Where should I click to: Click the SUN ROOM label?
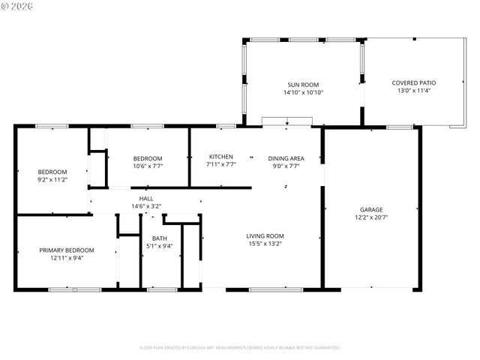[x=303, y=85]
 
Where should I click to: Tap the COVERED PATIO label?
[x=413, y=82]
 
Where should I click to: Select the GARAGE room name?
[x=370, y=209]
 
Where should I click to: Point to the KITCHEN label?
[x=220, y=157]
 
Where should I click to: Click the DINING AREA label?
[x=286, y=157]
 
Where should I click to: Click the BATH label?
[x=159, y=238]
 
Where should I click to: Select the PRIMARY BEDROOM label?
[x=67, y=250]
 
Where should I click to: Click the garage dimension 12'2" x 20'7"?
[x=370, y=217]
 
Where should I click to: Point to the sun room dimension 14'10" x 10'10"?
[x=303, y=93]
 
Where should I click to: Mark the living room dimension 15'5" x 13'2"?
[x=265, y=243]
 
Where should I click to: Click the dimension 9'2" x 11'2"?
[x=52, y=179]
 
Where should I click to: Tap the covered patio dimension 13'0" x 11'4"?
[x=413, y=91]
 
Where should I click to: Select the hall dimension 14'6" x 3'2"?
[x=146, y=205]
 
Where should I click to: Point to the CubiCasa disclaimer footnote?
[x=240, y=347]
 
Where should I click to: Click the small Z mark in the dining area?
[x=286, y=187]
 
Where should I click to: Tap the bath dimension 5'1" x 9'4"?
[x=159, y=246]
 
